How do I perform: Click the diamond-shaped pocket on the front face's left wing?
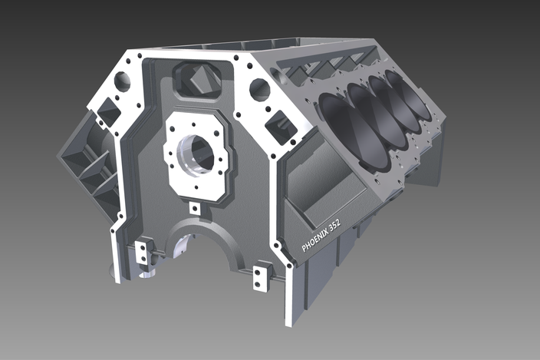(x=108, y=114)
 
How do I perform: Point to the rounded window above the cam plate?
(x=197, y=79)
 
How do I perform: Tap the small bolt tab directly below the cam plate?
(x=195, y=208)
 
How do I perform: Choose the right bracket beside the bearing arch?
(x=262, y=272)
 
